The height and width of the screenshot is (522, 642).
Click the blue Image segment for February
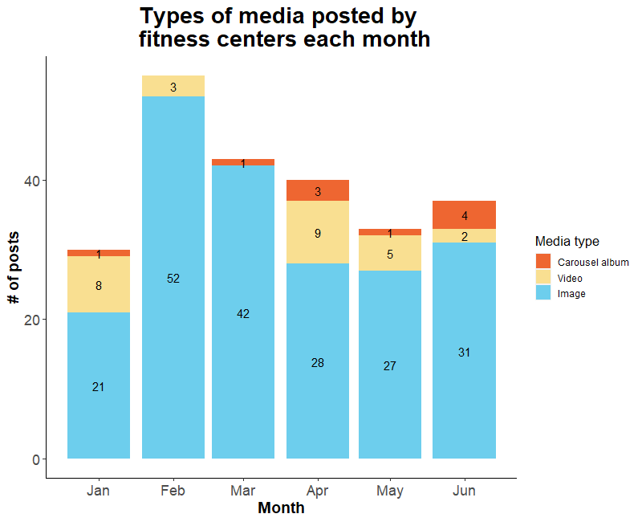tap(173, 321)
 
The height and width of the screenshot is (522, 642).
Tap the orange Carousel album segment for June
tap(464, 214)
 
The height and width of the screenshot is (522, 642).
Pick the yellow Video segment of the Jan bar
tap(98, 294)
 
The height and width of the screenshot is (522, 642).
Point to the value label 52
tap(173, 279)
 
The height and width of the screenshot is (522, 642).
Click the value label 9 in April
tap(318, 234)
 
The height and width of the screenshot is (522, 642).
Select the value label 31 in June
tap(464, 353)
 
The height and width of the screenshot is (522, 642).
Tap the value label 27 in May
tap(390, 366)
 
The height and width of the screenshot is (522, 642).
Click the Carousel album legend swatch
tap(543, 262)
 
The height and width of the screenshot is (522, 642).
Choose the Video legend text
tap(570, 278)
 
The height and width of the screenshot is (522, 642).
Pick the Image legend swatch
tap(543, 293)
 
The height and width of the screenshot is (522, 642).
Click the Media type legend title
tap(567, 241)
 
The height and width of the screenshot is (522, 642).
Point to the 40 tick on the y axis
tap(35, 181)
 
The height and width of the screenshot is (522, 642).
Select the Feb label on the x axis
tap(173, 491)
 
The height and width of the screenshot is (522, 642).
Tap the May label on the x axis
tap(390, 491)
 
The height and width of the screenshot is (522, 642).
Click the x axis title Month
tap(281, 508)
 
